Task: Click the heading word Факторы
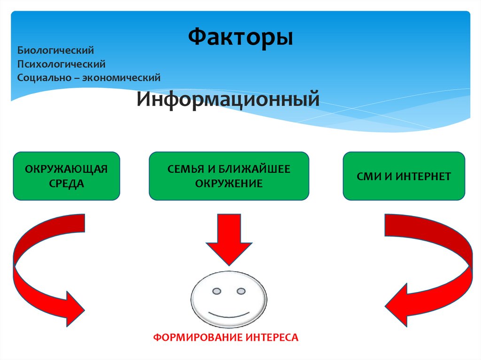(x=241, y=37)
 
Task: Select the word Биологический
(x=56, y=49)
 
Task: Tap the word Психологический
(x=61, y=63)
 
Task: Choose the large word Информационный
(x=228, y=99)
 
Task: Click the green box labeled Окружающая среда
(x=66, y=176)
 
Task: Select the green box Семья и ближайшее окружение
(x=229, y=176)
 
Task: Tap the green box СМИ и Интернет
(x=404, y=176)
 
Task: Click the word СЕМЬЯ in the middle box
(x=182, y=169)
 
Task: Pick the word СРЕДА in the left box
(x=66, y=183)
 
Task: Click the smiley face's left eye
(x=217, y=291)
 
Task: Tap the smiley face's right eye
(x=241, y=291)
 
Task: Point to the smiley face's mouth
(x=229, y=313)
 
